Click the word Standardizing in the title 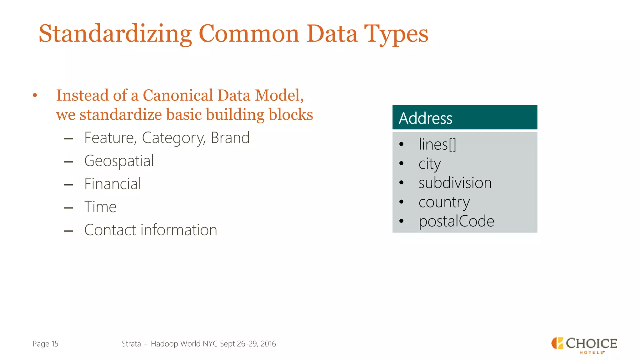[115, 34]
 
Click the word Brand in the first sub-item [230, 138]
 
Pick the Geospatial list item [119, 161]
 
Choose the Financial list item [112, 184]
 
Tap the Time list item [100, 207]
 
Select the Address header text [425, 118]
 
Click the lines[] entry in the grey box [437, 144]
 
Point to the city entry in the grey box [429, 164]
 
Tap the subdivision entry [455, 183]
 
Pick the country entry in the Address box [444, 202]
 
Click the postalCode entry [456, 221]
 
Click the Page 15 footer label [45, 344]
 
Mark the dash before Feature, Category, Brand [68, 139]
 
